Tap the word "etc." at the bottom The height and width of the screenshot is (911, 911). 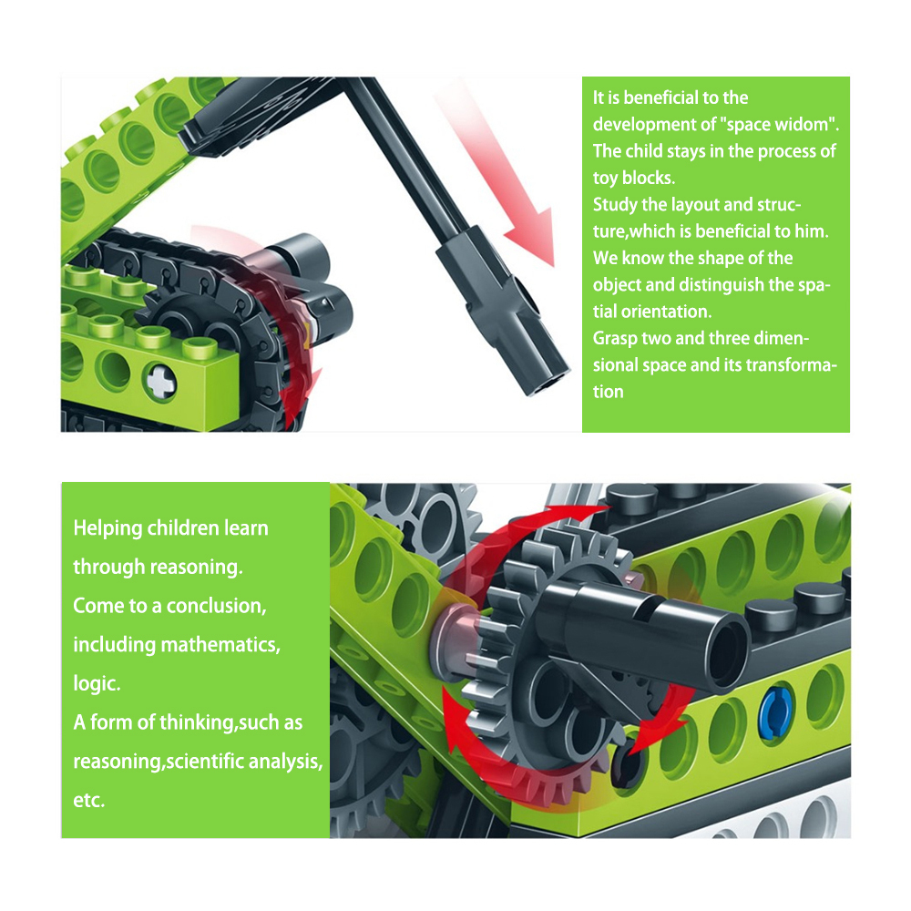tap(89, 801)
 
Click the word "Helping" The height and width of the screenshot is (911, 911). tap(107, 528)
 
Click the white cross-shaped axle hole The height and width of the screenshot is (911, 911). tap(160, 381)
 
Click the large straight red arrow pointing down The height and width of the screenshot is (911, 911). tap(496, 174)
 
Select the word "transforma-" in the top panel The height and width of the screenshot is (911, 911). tap(792, 365)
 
